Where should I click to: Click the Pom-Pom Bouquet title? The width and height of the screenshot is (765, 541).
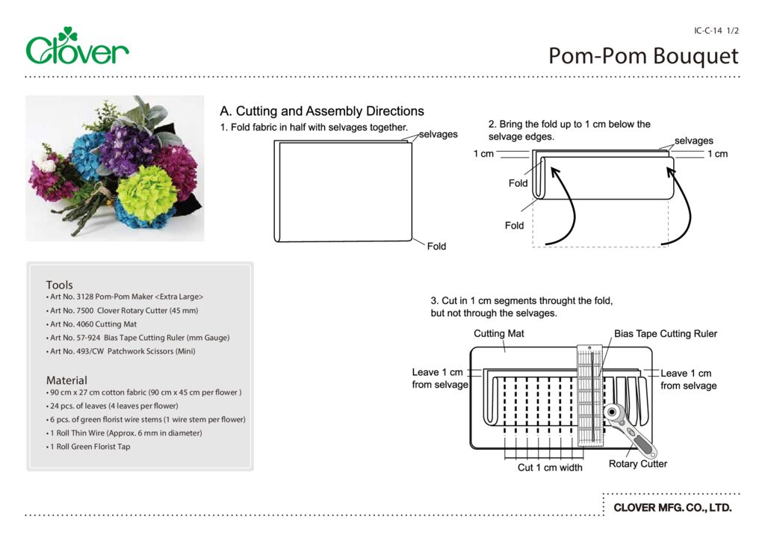[643, 56]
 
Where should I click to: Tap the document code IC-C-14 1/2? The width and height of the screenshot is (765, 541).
[716, 31]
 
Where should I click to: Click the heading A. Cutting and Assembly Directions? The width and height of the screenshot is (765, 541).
[322, 111]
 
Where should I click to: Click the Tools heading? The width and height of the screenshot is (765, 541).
[60, 285]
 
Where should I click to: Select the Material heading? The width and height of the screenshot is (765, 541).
[66, 380]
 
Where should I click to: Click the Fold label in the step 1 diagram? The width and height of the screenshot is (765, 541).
[436, 246]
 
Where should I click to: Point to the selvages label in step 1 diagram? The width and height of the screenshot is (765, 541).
[438, 135]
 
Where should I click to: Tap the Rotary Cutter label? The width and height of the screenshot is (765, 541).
[638, 464]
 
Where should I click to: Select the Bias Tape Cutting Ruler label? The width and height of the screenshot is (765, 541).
[665, 333]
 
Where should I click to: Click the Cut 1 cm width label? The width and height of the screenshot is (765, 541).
[550, 468]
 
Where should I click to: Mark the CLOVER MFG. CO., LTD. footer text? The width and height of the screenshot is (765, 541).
[672, 508]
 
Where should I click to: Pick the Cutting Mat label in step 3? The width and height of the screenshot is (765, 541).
[499, 333]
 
